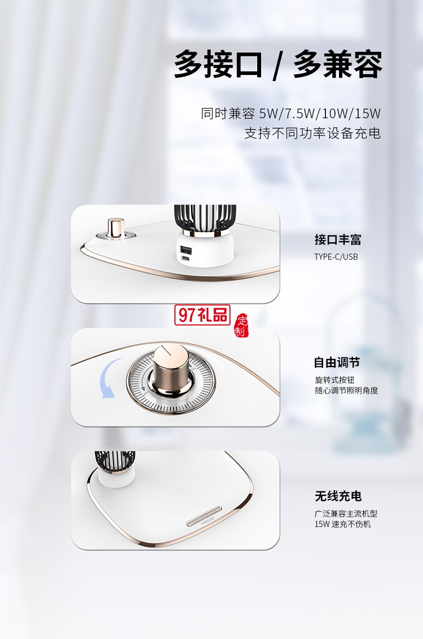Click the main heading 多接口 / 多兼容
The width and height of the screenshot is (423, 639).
(x=277, y=65)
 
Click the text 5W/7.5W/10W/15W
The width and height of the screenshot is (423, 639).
(x=320, y=113)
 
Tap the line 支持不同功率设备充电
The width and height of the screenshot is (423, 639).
(x=312, y=134)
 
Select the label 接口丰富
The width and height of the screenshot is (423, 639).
(x=337, y=240)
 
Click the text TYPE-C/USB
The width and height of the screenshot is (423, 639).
(x=336, y=257)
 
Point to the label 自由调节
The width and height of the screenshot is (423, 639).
(x=337, y=362)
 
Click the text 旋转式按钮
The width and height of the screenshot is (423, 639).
(x=334, y=380)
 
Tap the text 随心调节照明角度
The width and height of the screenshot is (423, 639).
(x=346, y=390)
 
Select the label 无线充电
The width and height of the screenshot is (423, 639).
(x=338, y=496)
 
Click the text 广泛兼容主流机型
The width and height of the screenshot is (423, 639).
(x=346, y=514)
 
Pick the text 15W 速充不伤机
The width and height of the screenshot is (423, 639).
(x=342, y=525)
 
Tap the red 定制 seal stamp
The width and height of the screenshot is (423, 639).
(x=241, y=325)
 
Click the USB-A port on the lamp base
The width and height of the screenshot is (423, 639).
(x=185, y=249)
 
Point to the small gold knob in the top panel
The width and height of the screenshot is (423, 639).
(x=117, y=228)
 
